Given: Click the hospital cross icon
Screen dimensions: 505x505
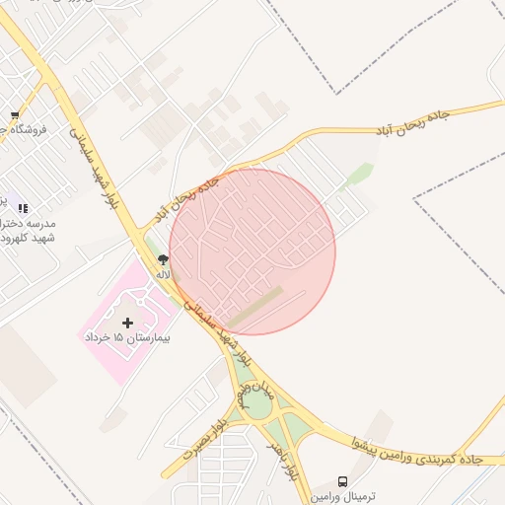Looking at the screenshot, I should point(126,323).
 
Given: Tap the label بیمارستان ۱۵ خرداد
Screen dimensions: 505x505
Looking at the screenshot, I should point(126,338).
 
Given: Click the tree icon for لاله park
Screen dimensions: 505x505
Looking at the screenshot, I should point(162,259).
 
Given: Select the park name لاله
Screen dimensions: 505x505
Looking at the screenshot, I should point(164,274).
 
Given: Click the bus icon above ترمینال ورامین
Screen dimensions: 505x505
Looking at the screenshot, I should point(342,481).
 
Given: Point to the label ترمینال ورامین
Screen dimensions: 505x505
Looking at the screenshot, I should point(340,496).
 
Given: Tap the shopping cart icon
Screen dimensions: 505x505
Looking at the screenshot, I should point(15,114).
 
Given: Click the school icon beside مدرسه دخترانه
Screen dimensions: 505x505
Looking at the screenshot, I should point(23,208).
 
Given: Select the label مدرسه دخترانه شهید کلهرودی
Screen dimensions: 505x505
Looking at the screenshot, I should point(30,231).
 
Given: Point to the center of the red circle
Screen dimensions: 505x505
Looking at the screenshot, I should point(252,252).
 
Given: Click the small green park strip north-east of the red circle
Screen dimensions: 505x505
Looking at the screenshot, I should point(359,175).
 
